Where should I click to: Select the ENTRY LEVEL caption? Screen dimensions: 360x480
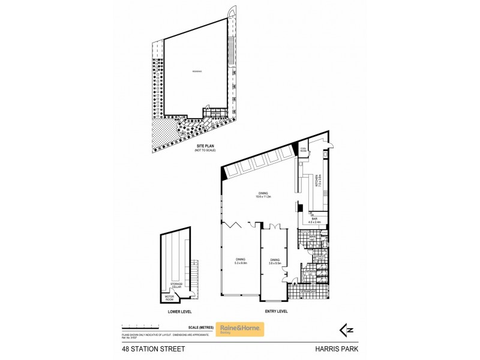(x=276, y=312)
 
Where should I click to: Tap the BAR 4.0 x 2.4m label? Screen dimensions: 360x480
(x=314, y=220)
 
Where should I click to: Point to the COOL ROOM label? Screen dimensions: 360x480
(x=304, y=151)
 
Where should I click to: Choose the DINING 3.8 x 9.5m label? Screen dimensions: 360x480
(x=275, y=261)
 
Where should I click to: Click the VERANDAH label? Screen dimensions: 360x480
(x=307, y=292)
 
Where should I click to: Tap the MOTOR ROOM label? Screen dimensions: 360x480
(x=168, y=298)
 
